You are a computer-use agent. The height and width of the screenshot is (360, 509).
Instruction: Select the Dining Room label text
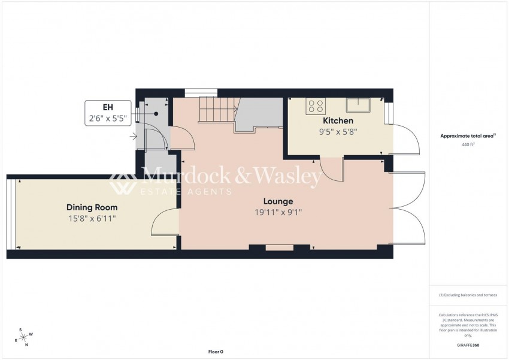click(92, 207)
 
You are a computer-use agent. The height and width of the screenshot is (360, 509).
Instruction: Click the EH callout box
click(108, 113)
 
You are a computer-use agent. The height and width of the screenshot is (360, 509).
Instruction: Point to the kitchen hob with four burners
click(316, 107)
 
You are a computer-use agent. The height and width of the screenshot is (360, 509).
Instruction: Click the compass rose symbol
click(23, 337)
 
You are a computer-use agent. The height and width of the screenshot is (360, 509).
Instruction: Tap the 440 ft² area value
click(468, 145)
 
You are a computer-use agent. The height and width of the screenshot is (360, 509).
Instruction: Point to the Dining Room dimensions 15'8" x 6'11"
click(92, 219)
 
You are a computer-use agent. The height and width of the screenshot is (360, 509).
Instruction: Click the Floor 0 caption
click(215, 352)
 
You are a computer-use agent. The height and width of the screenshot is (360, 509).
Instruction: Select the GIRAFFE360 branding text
click(468, 346)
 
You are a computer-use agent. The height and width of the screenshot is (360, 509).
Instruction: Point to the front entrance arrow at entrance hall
click(132, 136)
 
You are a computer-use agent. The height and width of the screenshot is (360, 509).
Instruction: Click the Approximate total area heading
click(468, 136)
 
